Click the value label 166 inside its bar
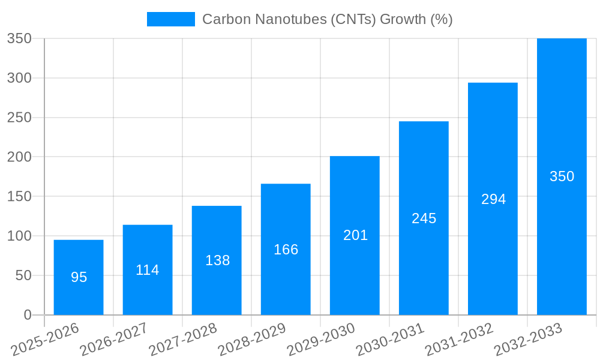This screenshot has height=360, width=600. click(286, 250)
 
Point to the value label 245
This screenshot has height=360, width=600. click(424, 218)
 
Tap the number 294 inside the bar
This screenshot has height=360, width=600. click(493, 199)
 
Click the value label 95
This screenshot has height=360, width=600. click(79, 277)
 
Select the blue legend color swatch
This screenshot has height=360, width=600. click(171, 19)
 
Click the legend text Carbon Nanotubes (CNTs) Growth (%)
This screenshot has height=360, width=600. click(328, 19)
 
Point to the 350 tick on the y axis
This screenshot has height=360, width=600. click(19, 38)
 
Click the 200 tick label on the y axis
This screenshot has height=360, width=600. click(19, 157)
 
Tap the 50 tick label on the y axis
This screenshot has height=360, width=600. click(23, 275)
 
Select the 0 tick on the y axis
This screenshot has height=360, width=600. click(28, 315)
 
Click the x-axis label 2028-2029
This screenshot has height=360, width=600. click(252, 339)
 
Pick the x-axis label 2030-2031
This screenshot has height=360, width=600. click(390, 339)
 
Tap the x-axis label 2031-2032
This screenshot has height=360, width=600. click(459, 339)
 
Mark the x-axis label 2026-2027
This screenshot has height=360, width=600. click(114, 339)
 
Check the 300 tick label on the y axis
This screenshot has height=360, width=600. click(19, 78)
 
